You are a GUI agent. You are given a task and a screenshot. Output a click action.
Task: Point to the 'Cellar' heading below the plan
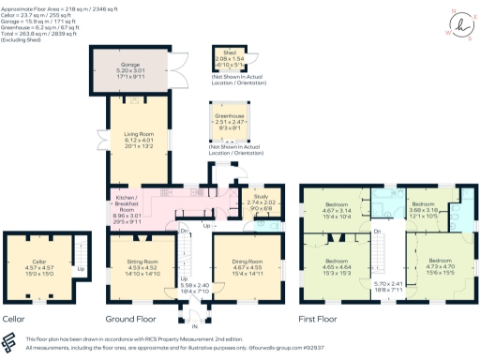coord(14,319)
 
